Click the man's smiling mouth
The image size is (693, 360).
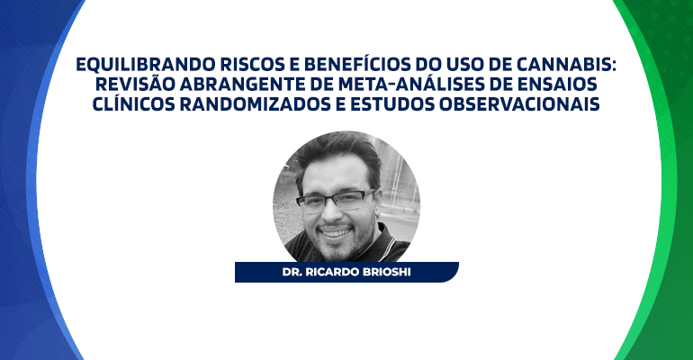pyautogui.click(x=336, y=232)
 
